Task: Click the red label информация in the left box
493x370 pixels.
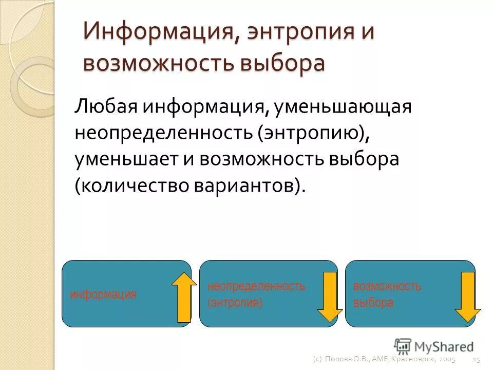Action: coord(103,294)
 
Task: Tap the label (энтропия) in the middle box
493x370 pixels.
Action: coord(235,303)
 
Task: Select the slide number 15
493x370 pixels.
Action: coord(476,359)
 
